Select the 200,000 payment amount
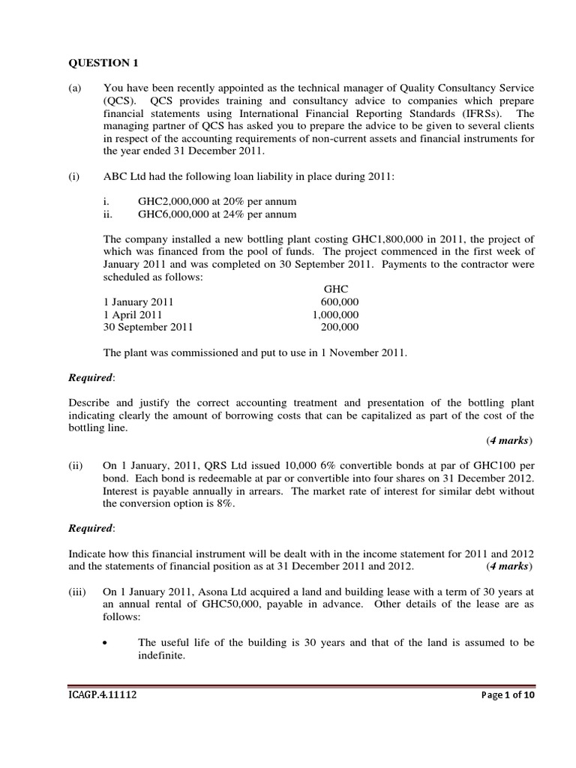tap(340, 327)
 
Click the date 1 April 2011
tap(132, 314)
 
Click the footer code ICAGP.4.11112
tap(102, 695)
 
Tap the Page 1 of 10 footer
tap(506, 695)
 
